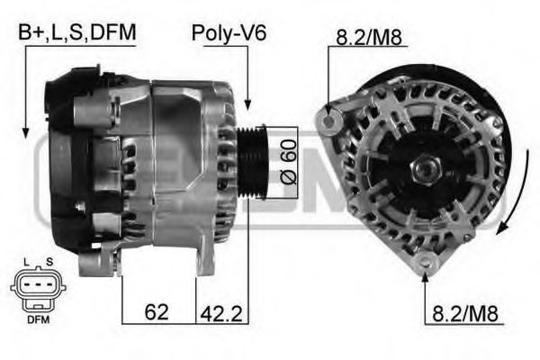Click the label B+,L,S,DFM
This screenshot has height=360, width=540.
coord(77,33)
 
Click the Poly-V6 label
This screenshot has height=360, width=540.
coord(229,33)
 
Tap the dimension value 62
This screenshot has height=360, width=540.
coord(156,313)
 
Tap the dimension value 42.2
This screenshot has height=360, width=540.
coord(222,313)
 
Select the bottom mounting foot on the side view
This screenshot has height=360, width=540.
coord(95,265)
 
